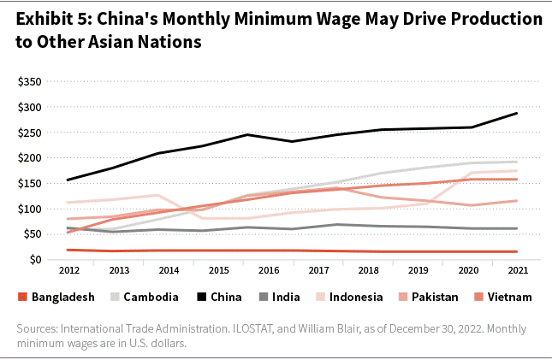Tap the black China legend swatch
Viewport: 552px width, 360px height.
pyautogui.click(x=200, y=298)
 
